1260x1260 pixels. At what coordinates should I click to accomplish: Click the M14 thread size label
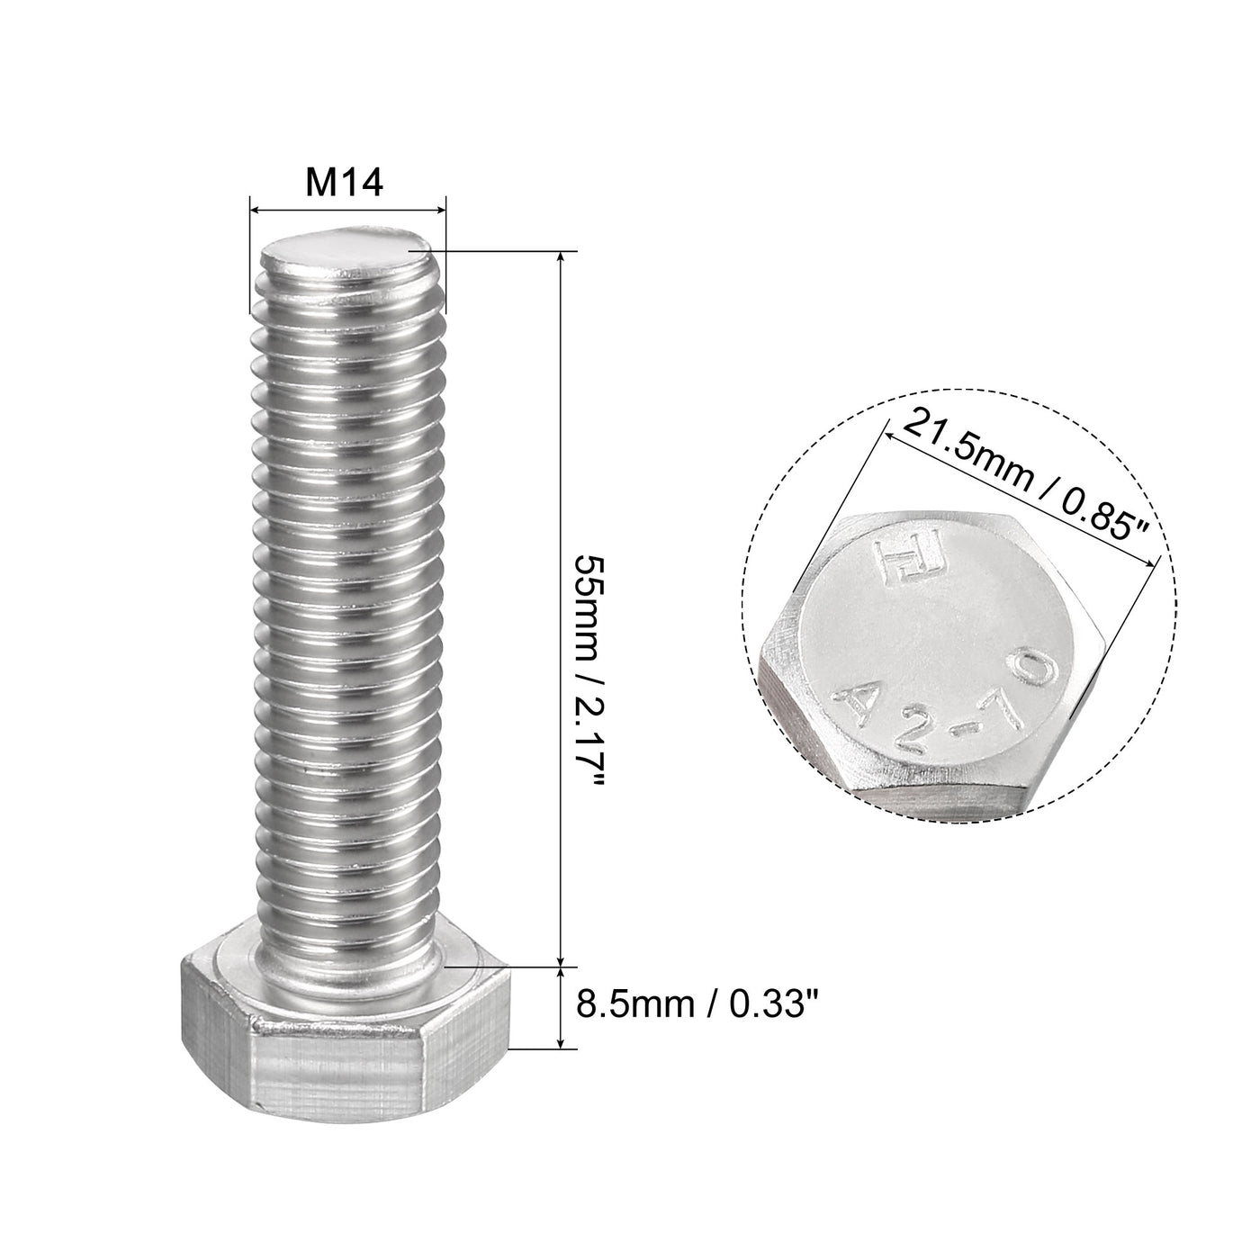click(345, 184)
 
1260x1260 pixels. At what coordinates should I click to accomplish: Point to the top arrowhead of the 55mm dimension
click(562, 257)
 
